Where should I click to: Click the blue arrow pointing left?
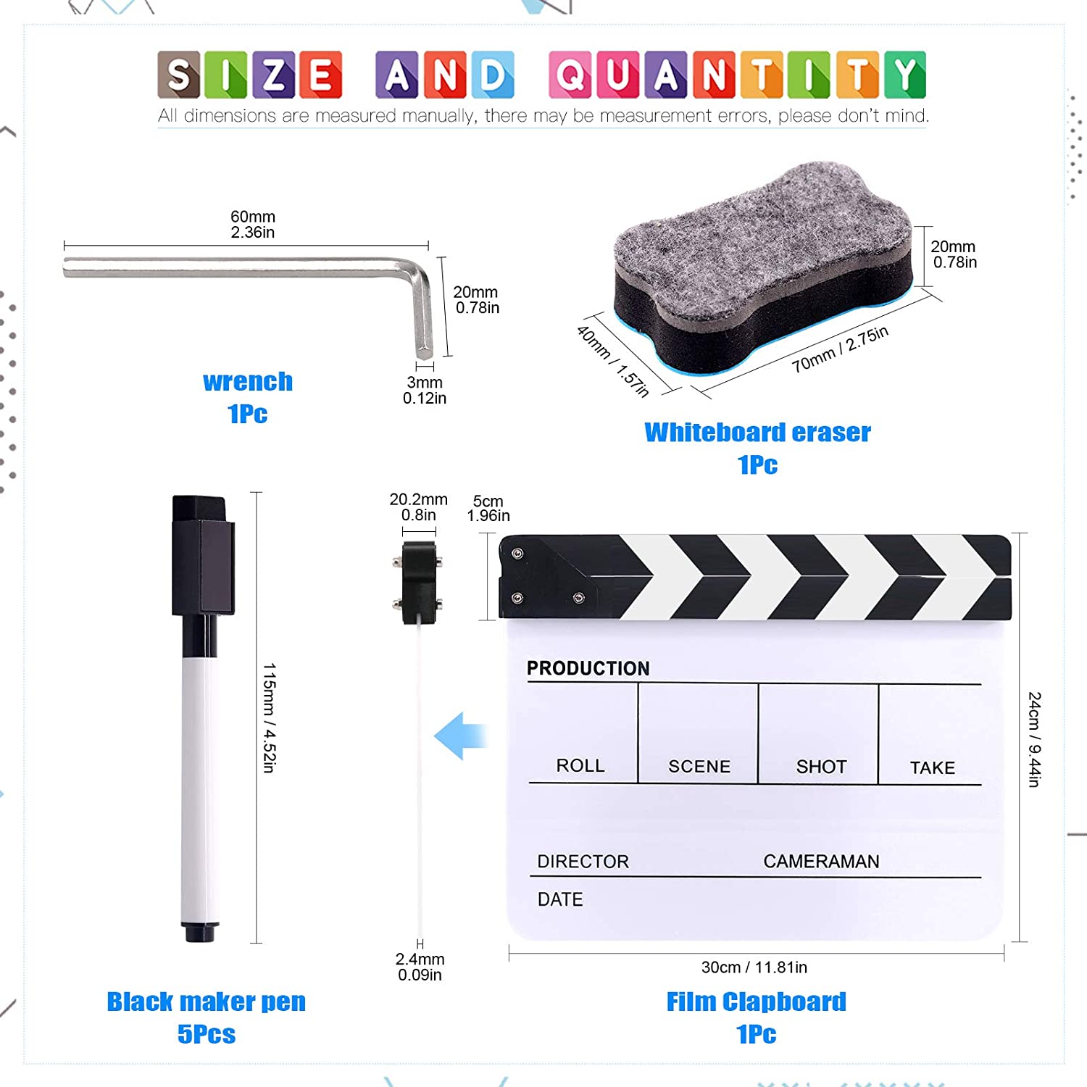[x=460, y=736]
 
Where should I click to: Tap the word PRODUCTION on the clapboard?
[x=588, y=668]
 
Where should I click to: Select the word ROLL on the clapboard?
[x=580, y=765]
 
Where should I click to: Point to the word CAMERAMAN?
[x=821, y=861]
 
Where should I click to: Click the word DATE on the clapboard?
[x=560, y=899]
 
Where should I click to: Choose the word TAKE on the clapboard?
[x=932, y=767]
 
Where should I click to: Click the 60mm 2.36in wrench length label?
[x=253, y=225]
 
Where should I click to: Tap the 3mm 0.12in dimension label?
[x=425, y=390]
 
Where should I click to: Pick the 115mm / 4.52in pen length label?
[x=269, y=717]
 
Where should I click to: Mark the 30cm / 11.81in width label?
[x=754, y=967]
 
